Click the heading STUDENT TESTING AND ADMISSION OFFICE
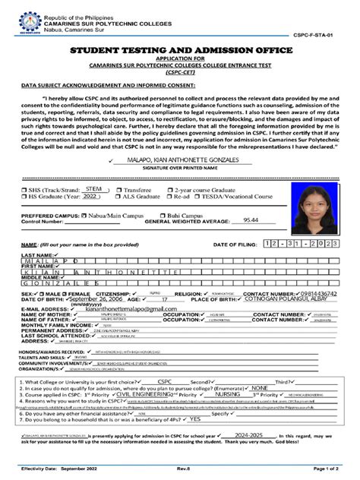coord(180,50)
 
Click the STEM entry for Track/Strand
coord(94,188)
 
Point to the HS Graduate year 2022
coord(91,196)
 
